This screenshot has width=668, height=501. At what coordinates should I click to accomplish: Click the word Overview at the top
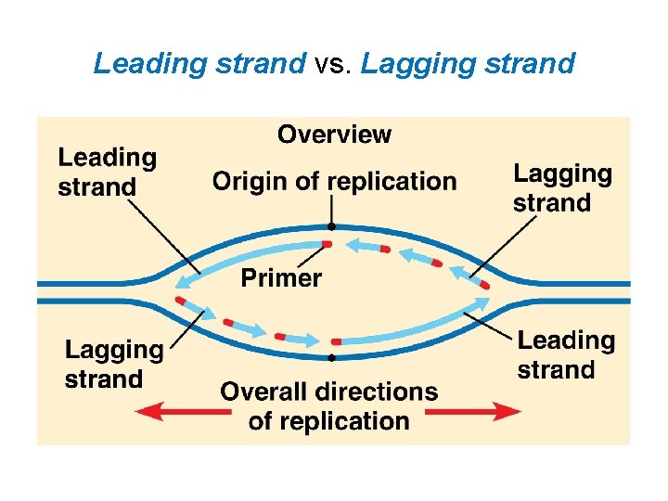(x=334, y=135)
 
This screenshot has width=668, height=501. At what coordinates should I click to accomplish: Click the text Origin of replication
(x=334, y=181)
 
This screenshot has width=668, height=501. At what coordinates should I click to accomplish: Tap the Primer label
(x=281, y=277)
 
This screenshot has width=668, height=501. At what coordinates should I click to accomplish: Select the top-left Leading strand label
(x=107, y=173)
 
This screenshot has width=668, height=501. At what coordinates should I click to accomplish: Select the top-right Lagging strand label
(x=562, y=188)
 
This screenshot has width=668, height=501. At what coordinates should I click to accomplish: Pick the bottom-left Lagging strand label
(x=113, y=365)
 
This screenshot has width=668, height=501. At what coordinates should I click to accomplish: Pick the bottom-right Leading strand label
(x=566, y=355)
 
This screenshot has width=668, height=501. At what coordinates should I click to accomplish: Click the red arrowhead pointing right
(x=508, y=409)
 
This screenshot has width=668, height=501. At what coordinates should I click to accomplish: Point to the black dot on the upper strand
(x=330, y=225)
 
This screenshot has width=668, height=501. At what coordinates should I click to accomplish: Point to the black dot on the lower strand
(x=330, y=356)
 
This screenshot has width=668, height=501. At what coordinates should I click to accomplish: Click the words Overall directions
(x=328, y=392)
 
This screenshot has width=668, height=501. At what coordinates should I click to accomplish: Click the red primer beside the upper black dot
(x=326, y=244)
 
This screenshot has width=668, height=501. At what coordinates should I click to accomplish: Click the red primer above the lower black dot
(x=336, y=342)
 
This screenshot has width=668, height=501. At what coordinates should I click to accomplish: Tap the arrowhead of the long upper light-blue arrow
(x=185, y=281)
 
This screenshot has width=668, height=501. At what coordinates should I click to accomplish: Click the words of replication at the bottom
(x=328, y=421)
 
